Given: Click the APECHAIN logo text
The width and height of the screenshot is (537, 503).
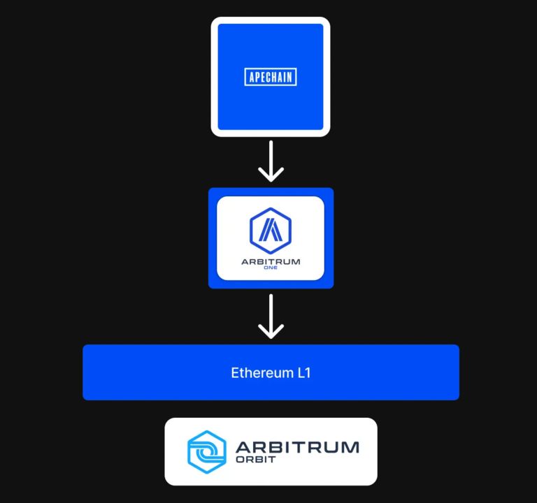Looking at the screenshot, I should pos(271,77).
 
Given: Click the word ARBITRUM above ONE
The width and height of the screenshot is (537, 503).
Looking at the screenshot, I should pos(271,262).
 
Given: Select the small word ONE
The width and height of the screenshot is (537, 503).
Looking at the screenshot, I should pos(271,270).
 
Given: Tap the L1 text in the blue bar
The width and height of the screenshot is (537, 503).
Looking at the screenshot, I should pos(303,372).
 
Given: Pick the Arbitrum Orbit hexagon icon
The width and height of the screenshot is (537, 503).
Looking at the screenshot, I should pos(206,451).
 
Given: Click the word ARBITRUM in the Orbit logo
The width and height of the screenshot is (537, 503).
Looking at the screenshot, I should pos(297,446).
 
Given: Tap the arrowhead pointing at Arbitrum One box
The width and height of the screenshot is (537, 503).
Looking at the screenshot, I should pos(271,175).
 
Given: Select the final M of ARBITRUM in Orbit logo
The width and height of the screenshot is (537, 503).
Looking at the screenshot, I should pos(349,446).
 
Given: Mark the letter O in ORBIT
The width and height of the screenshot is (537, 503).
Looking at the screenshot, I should pos(240,460).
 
